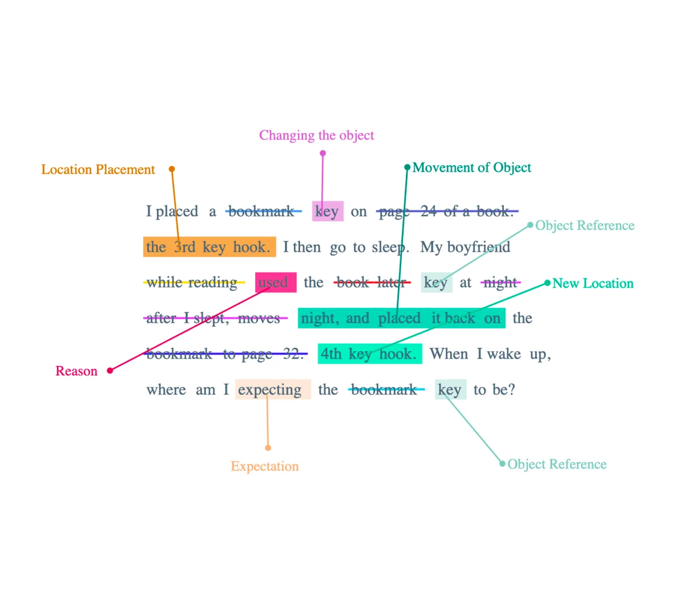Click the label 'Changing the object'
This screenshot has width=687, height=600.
(x=316, y=136)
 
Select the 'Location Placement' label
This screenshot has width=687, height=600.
(x=98, y=170)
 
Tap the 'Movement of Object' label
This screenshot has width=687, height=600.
(x=471, y=168)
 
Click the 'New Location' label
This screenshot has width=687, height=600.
(x=593, y=284)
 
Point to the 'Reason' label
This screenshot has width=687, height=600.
(x=76, y=371)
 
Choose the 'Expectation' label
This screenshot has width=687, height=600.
(x=264, y=467)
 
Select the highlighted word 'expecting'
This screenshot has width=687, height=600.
(x=270, y=390)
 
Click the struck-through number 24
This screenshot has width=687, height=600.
(x=429, y=212)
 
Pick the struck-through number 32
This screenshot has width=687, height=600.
(x=292, y=354)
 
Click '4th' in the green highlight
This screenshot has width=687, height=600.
(x=331, y=354)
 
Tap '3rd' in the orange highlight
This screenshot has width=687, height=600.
(x=185, y=247)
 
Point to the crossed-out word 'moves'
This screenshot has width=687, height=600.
(x=259, y=319)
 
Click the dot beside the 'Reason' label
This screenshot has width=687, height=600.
(x=110, y=371)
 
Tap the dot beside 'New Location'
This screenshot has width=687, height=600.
(x=547, y=283)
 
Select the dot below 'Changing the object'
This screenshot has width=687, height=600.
(x=323, y=153)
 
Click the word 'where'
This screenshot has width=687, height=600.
(x=166, y=390)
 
